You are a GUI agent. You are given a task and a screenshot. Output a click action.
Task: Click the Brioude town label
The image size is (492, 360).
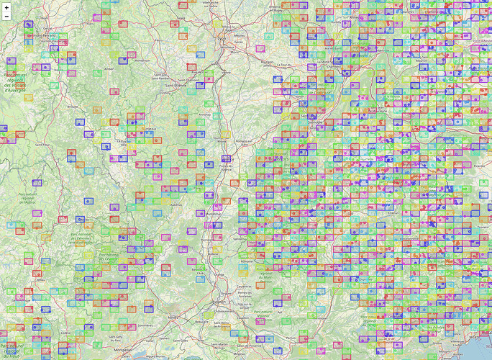tap(72, 106)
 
